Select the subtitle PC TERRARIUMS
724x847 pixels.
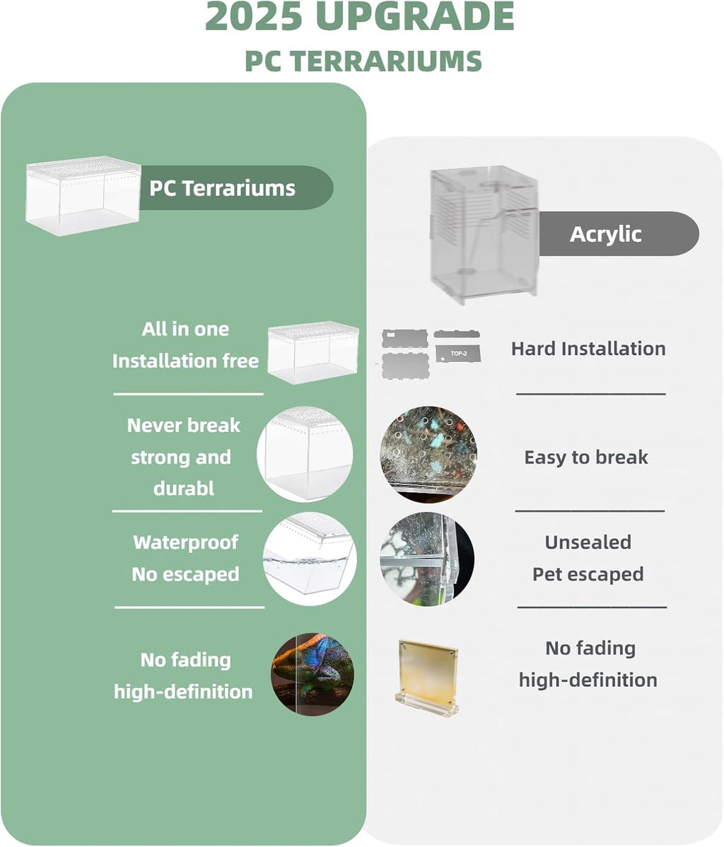click(363, 62)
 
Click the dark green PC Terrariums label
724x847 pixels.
click(222, 188)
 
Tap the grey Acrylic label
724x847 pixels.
click(606, 234)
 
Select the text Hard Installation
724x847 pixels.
click(588, 349)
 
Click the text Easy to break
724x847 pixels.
click(586, 457)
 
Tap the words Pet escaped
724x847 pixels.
click(588, 574)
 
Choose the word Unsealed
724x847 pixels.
click(588, 542)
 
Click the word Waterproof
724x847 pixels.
click(185, 542)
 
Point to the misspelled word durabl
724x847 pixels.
click(184, 489)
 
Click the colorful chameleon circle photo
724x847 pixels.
click(312, 674)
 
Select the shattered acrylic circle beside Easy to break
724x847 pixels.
click(428, 453)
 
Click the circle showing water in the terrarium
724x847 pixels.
click(309, 559)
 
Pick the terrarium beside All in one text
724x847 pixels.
click(313, 351)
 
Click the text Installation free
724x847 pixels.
click(185, 361)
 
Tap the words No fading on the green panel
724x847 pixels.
click(185, 660)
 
